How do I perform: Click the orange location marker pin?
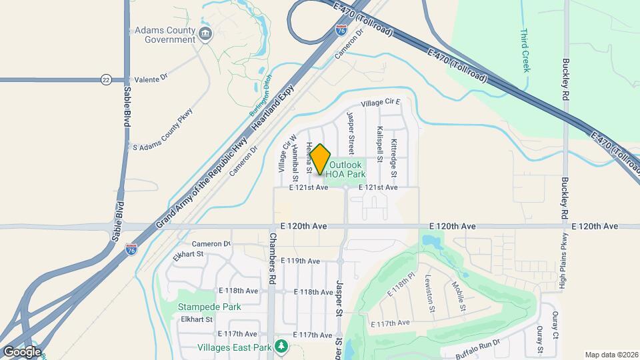tap(321, 159)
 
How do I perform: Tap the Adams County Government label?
tap(165, 35)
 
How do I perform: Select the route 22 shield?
tap(106, 80)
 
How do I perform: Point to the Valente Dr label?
tap(151, 79)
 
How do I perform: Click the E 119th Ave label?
tap(301, 261)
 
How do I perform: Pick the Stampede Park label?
tap(209, 307)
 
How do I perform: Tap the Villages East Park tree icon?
tap(281, 346)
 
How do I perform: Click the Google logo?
tap(21, 351)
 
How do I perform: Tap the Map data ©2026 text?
tap(611, 355)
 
